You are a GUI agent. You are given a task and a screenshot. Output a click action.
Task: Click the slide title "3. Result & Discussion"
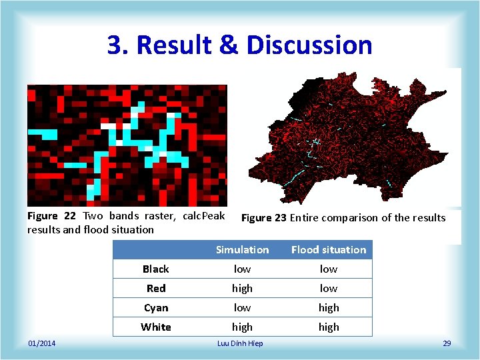(x=239, y=45)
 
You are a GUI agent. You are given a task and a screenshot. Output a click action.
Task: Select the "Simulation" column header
(x=242, y=250)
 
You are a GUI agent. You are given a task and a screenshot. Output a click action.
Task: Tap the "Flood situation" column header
(x=329, y=250)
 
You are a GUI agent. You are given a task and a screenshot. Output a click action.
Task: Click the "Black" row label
(x=156, y=269)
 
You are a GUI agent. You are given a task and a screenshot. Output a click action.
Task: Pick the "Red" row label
(x=156, y=289)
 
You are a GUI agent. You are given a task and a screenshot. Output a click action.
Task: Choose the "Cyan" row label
(x=156, y=308)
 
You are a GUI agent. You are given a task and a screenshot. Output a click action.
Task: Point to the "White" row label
(x=156, y=327)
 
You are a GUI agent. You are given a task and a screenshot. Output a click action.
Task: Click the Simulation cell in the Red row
(x=242, y=289)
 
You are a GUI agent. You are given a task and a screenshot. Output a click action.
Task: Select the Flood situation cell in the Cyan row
(x=329, y=308)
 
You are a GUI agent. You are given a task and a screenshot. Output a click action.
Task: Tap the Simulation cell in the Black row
(x=242, y=269)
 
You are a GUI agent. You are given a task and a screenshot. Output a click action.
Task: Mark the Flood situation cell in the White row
(x=329, y=327)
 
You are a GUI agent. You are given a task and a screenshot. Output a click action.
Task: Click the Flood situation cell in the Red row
(x=329, y=289)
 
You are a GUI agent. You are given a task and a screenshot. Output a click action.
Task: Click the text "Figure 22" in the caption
(x=51, y=216)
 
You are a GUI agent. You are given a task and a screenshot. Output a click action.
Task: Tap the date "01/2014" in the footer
(x=41, y=343)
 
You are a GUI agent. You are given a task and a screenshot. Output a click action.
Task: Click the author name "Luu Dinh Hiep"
(x=240, y=343)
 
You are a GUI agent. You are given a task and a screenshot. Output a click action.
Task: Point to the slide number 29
(x=447, y=343)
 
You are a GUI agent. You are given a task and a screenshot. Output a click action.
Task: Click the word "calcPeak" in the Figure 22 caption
(x=204, y=216)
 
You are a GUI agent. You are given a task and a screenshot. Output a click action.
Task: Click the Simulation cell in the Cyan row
(x=242, y=308)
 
